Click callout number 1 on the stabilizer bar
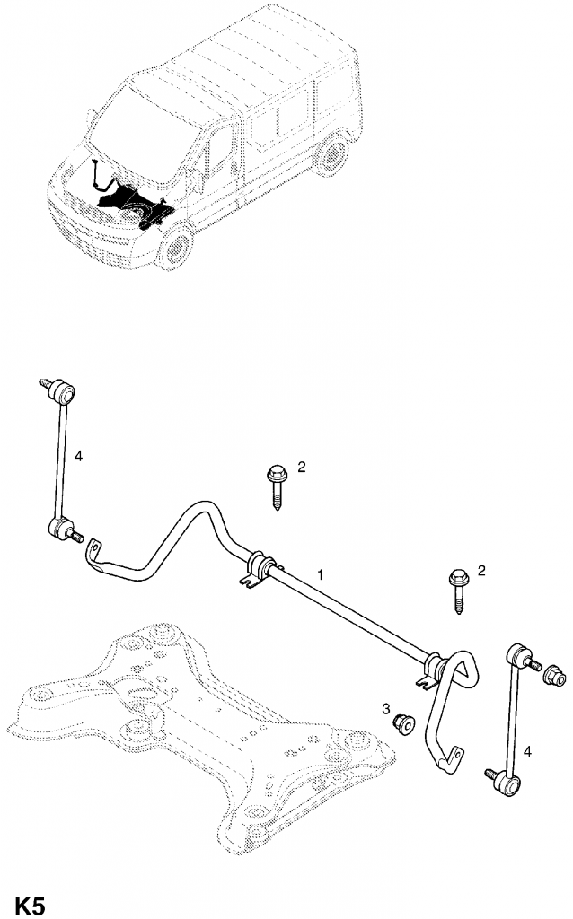pos(321,574)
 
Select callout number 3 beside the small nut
pos(386,709)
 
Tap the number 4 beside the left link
pos(79,455)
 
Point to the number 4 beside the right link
pos(527,751)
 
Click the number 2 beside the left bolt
pos(302,467)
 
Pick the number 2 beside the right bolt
pos(481,570)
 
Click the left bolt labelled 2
pos(276,487)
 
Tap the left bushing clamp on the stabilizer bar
pos(258,567)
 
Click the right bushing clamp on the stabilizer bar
pos(435,669)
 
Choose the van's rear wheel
pos(332,153)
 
